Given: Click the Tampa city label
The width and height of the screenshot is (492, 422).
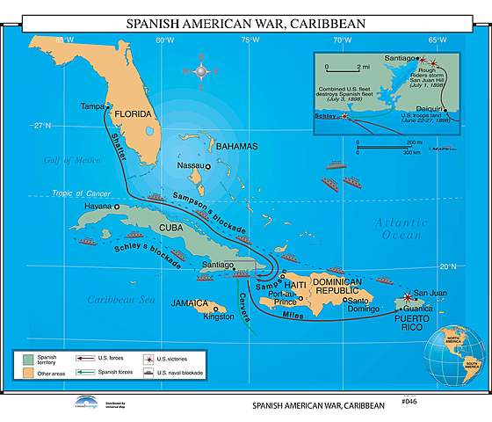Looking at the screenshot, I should (92, 106).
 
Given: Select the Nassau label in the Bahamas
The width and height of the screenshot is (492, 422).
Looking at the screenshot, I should (190, 164).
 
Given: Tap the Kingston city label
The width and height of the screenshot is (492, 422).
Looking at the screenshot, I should (219, 316).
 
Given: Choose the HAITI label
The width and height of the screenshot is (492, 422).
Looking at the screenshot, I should (296, 286).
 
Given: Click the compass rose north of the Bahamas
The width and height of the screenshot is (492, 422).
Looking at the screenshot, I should (201, 69).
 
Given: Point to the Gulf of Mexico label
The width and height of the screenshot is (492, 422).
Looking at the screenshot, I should (73, 160).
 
